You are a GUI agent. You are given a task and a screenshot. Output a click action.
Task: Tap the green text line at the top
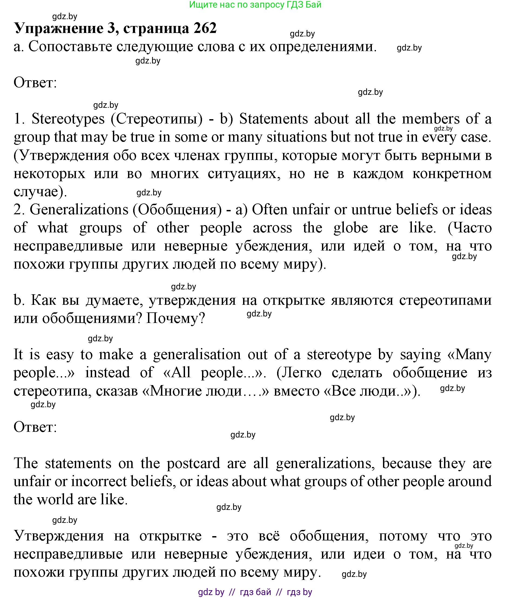(x=255, y=5)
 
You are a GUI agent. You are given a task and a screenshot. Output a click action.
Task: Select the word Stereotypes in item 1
(x=68, y=119)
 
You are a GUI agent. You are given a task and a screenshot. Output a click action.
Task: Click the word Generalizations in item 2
(x=79, y=209)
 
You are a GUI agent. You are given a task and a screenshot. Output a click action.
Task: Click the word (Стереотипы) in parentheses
(x=157, y=119)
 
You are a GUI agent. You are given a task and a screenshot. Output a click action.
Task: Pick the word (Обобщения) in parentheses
(x=177, y=209)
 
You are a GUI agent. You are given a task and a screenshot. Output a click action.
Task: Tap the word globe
(x=351, y=228)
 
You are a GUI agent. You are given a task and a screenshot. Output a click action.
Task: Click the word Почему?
(x=176, y=318)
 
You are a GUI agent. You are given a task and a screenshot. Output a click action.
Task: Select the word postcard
(x=193, y=463)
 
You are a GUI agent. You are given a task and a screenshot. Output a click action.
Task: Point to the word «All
(x=177, y=373)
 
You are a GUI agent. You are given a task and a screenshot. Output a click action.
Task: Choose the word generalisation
(x=197, y=355)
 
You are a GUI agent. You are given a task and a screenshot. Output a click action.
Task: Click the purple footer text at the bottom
(x=255, y=592)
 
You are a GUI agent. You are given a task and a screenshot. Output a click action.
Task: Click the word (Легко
(x=299, y=373)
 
